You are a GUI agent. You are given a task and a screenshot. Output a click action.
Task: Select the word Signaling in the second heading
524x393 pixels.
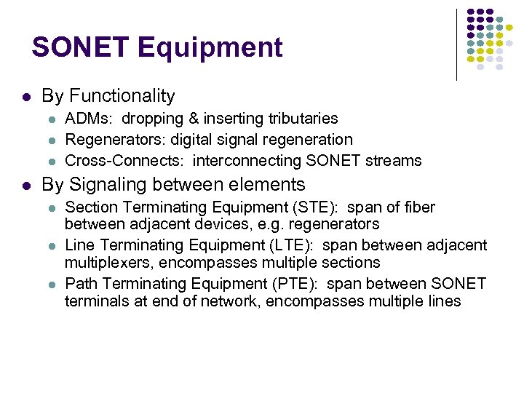(110, 185)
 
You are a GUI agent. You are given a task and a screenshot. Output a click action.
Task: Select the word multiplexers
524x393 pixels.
(108, 262)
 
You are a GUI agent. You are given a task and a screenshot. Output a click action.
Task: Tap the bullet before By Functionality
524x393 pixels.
(25, 96)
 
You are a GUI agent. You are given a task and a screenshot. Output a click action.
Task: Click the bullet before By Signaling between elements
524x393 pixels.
(25, 185)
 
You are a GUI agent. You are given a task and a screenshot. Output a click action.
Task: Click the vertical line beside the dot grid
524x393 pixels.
(456, 44)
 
